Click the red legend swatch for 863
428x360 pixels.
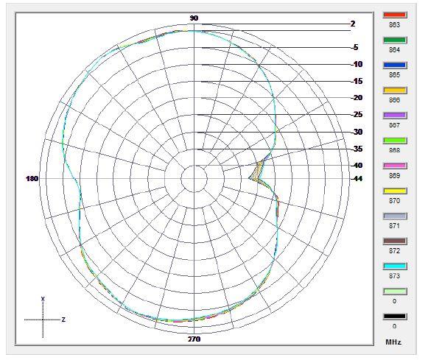click(396, 15)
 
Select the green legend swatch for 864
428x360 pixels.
click(396, 40)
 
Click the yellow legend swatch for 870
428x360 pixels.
click(396, 191)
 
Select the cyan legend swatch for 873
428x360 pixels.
click(396, 266)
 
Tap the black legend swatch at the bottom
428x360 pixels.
click(396, 317)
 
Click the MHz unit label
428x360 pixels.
click(394, 342)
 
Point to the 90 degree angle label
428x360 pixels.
click(194, 18)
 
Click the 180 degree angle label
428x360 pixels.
click(32, 179)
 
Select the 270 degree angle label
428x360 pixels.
click(194, 339)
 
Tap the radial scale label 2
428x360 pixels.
click(353, 24)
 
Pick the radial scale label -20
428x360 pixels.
click(357, 98)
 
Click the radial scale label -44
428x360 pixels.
click(357, 179)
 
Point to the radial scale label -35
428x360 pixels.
click(357, 149)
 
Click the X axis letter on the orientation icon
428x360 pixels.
click(43, 299)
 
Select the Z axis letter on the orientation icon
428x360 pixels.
click(63, 320)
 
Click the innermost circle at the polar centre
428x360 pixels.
click(194, 179)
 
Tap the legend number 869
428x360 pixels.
click(395, 175)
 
